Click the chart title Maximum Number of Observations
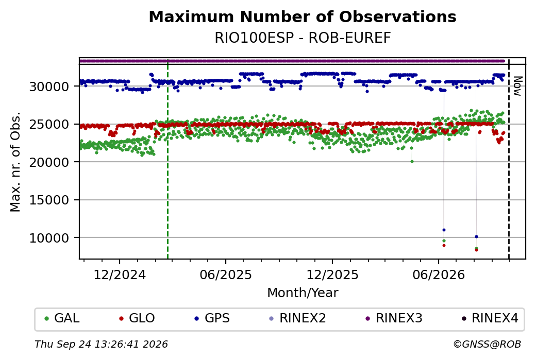(x=303, y=16)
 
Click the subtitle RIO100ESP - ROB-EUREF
(x=303, y=38)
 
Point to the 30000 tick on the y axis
(x=49, y=87)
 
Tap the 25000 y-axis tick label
(x=49, y=124)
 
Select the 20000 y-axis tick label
(x=49, y=162)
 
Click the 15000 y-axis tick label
(x=49, y=200)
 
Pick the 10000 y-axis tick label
(x=49, y=238)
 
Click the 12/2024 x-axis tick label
(x=120, y=275)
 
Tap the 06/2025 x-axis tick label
(x=226, y=275)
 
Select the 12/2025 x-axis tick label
(x=332, y=275)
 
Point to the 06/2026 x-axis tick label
(x=439, y=275)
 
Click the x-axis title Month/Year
(x=303, y=293)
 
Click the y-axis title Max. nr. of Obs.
(x=15, y=162)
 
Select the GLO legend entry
(x=137, y=318)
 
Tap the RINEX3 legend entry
(x=394, y=318)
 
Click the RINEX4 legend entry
(x=490, y=318)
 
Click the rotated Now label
(x=518, y=86)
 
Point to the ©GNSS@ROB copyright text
(x=487, y=344)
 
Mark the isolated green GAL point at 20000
(x=412, y=162)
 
